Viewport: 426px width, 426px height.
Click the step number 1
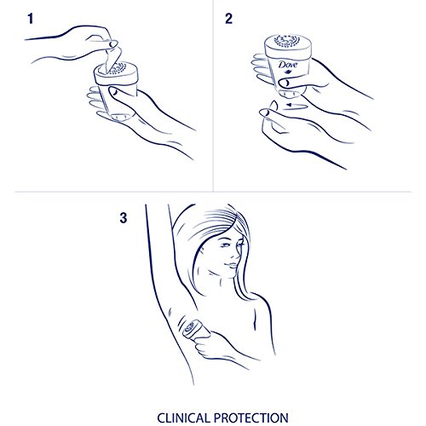[x=31, y=19]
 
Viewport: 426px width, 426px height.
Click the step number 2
[x=228, y=19]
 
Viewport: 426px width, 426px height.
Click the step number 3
[x=124, y=218]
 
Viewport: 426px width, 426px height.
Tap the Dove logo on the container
[x=288, y=66]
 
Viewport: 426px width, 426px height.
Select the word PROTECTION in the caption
[x=251, y=418]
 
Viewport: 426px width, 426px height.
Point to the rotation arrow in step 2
[x=296, y=106]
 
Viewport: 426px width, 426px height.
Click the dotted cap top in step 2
[x=287, y=41]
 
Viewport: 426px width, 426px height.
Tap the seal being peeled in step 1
[x=113, y=60]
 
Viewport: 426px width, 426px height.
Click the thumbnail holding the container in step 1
[x=114, y=91]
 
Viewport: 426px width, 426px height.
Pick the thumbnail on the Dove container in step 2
[x=284, y=83]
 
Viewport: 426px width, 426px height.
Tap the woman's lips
[x=233, y=266]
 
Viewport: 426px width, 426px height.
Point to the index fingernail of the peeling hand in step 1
[x=113, y=44]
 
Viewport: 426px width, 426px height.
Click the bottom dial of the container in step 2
[x=291, y=94]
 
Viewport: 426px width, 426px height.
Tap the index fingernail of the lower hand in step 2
[x=265, y=112]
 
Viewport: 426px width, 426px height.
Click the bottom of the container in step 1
[x=122, y=117]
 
